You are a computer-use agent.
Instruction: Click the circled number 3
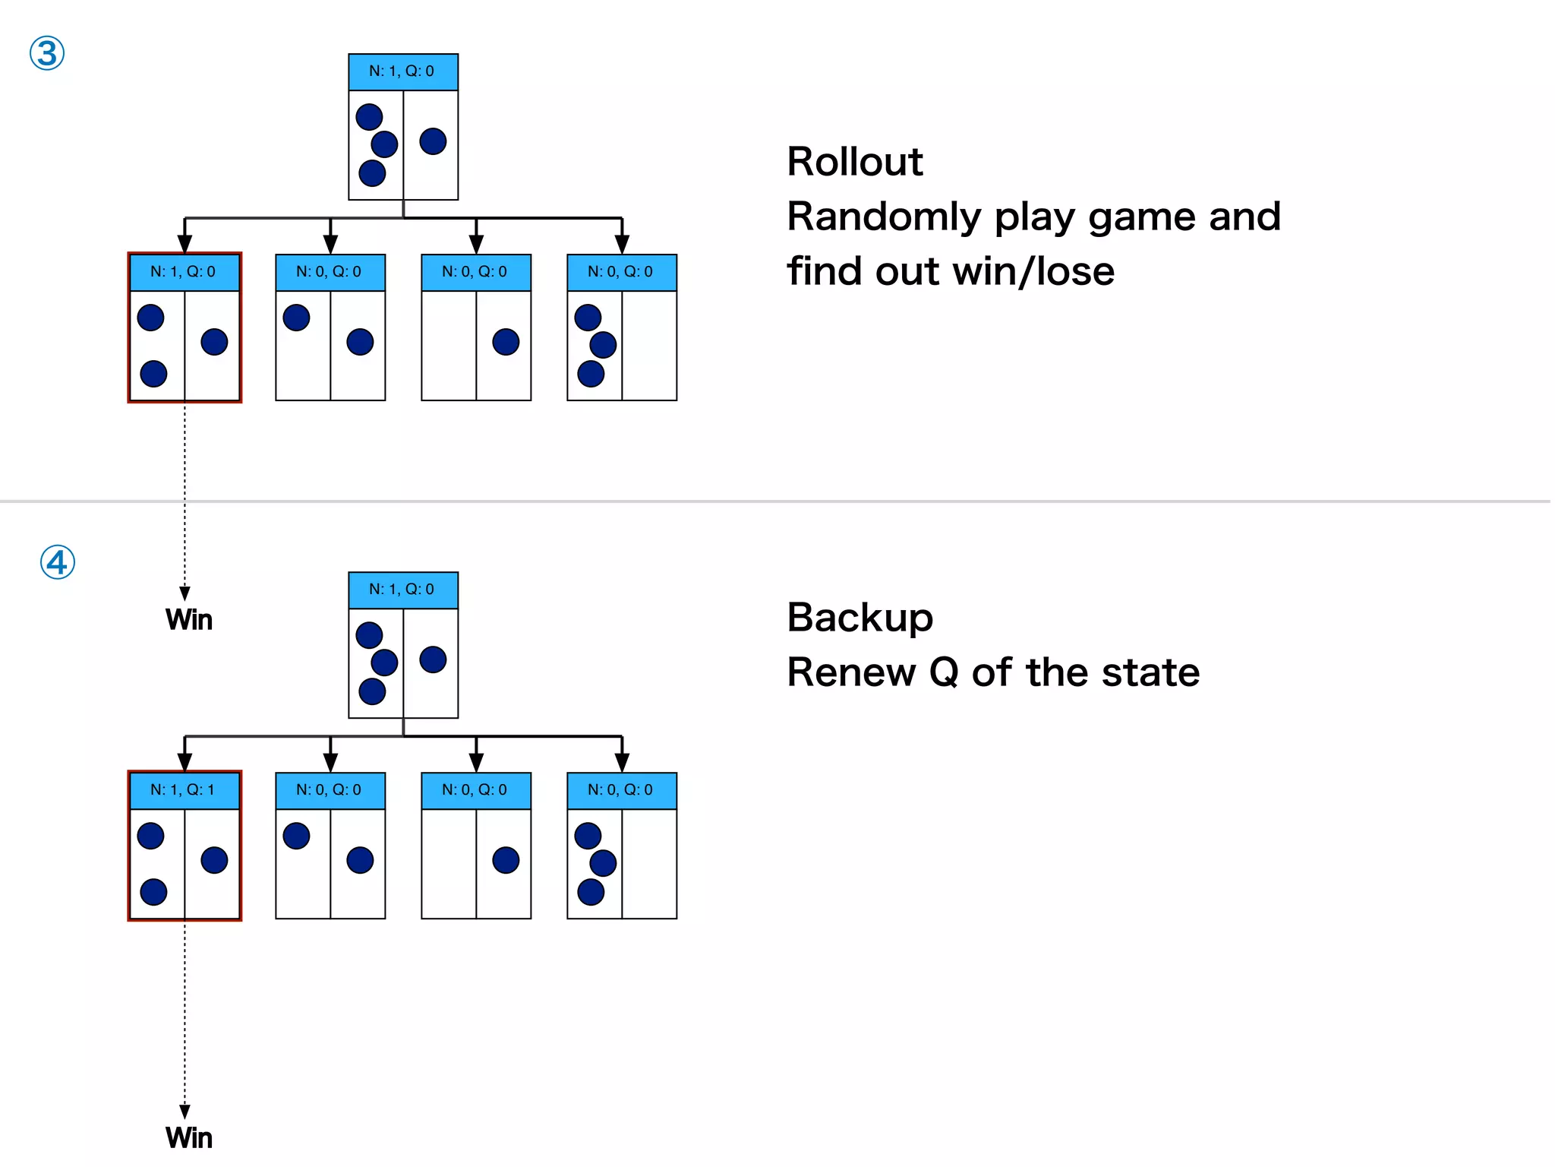pos(47,54)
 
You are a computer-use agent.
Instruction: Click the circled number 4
pos(58,563)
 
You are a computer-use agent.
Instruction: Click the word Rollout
pos(854,162)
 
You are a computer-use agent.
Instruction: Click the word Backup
pos(860,617)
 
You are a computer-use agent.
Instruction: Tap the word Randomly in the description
pos(884,217)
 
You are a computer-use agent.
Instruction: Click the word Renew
pos(851,672)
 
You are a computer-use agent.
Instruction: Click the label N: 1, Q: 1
pos(183,790)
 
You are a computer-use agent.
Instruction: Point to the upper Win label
pos(189,620)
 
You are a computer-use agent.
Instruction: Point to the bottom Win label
pos(189,1138)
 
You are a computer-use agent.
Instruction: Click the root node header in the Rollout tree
pos(402,71)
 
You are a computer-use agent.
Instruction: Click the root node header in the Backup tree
pos(402,590)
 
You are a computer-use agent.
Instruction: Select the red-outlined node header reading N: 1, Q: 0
pos(183,272)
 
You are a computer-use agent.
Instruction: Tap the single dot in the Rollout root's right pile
pos(433,141)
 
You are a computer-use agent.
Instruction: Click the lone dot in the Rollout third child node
pos(506,342)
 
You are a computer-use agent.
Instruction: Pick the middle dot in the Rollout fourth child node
pos(603,345)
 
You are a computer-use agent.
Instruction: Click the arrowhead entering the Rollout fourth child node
pos(622,244)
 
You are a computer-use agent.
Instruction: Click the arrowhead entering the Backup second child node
pos(330,762)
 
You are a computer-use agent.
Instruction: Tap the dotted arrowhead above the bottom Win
pos(185,1112)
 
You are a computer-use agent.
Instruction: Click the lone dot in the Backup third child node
pos(506,860)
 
